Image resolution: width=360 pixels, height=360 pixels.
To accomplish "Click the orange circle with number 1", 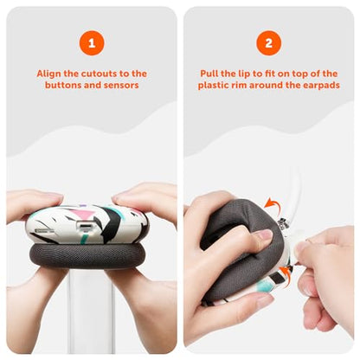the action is (92, 43).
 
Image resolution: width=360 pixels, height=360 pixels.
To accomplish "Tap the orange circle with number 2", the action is (268, 43).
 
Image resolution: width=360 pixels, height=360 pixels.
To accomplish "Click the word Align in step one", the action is (48, 74).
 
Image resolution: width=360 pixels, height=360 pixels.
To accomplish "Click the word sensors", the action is (121, 86).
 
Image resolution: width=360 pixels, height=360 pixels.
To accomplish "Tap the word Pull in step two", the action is (209, 74).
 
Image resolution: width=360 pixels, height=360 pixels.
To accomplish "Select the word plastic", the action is (214, 86).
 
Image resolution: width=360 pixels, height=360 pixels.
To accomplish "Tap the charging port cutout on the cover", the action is (84, 225).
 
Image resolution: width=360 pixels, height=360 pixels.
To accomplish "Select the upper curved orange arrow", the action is (273, 203).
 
